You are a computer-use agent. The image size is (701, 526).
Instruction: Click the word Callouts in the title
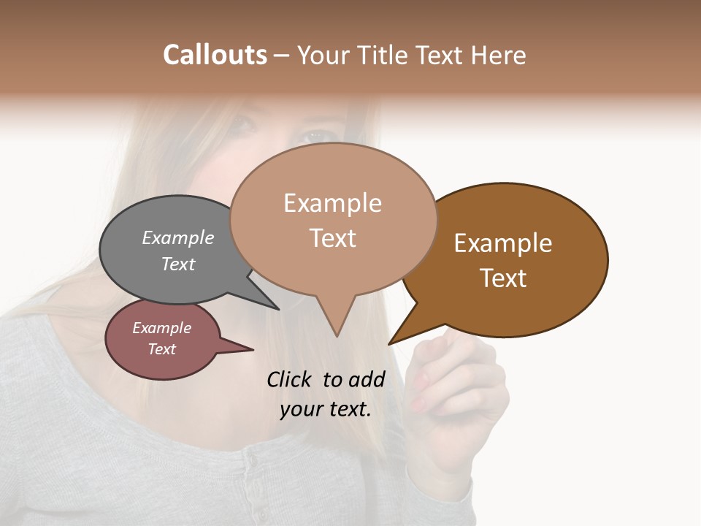click(215, 55)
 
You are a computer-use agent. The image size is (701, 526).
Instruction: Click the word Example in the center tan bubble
click(332, 203)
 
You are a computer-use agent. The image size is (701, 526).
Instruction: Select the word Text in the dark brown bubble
click(503, 278)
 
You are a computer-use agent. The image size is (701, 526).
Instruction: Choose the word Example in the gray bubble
click(178, 238)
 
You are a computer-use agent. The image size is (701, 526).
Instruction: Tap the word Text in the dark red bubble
click(161, 349)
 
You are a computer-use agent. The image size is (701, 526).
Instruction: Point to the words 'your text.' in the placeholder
click(326, 409)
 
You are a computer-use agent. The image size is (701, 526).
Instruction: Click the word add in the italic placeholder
click(367, 379)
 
